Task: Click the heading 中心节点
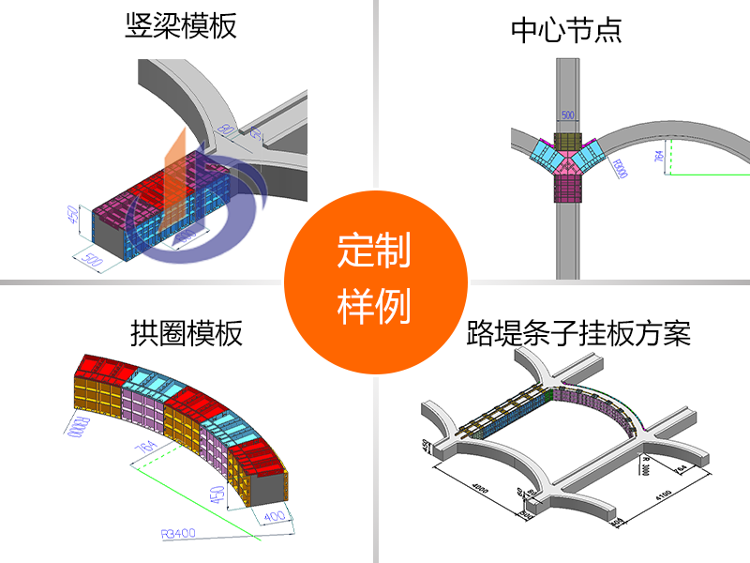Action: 566,30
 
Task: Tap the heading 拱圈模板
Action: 187,333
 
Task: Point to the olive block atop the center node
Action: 567,140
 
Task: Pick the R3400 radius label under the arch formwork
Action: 178,534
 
